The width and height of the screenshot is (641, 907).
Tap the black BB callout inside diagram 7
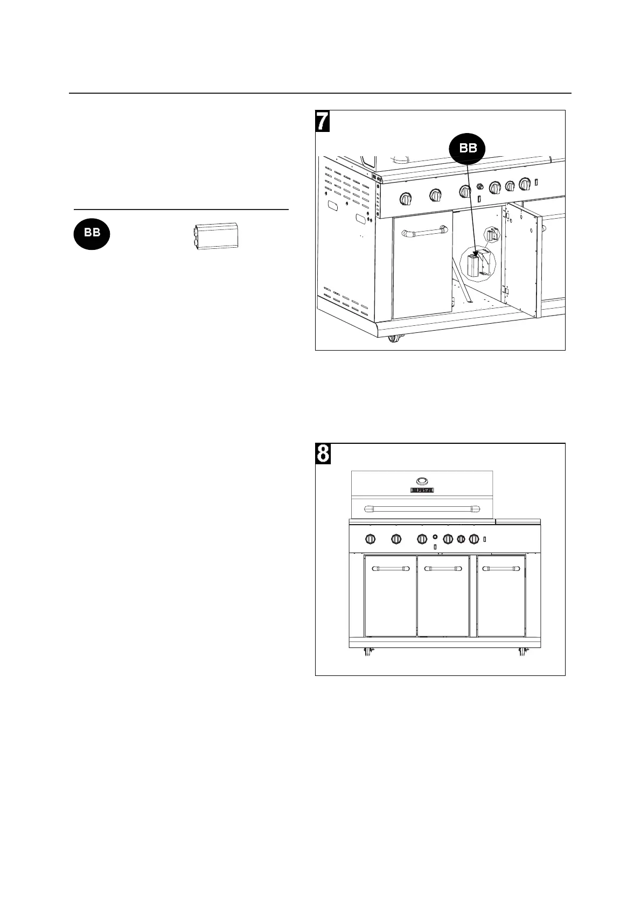[x=468, y=148]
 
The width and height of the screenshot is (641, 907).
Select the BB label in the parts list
[x=92, y=233]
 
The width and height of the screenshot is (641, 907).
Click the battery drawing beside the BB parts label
[x=214, y=235]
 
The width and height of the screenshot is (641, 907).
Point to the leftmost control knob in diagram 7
[x=406, y=199]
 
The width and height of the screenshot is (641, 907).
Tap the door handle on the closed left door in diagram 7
[x=423, y=233]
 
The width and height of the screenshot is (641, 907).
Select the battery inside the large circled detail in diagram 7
[x=473, y=267]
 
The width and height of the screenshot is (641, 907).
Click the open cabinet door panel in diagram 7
[x=522, y=259]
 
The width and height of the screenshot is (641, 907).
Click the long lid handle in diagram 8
[x=422, y=507]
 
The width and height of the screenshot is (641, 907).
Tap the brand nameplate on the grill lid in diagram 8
[x=422, y=490]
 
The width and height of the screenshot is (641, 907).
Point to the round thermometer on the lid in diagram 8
[x=422, y=480]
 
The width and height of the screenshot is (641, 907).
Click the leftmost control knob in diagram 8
[x=371, y=539]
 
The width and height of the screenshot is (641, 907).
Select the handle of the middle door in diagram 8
[x=443, y=568]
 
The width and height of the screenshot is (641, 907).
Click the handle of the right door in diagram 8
[x=501, y=568]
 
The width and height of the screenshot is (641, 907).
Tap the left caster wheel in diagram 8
[x=369, y=652]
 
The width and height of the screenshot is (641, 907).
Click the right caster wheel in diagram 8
[x=522, y=652]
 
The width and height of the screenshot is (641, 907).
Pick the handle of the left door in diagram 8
[x=391, y=568]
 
